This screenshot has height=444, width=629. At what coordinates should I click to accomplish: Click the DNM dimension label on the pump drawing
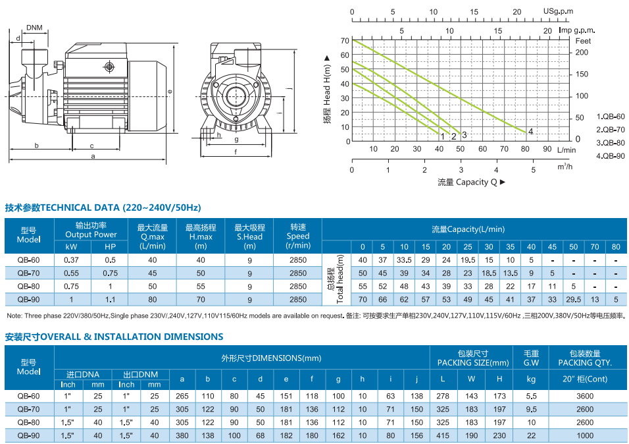point(35,28)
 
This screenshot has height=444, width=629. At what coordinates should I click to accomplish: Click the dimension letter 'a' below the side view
point(93,156)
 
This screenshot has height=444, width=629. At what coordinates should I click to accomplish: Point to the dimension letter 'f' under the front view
point(235,152)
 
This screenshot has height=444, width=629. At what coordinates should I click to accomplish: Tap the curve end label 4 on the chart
point(530,132)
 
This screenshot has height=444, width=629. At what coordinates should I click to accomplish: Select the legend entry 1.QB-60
point(610,116)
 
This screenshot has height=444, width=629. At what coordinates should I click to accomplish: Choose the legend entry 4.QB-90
point(610,155)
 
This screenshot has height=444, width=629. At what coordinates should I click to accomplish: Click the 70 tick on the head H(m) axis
point(345,41)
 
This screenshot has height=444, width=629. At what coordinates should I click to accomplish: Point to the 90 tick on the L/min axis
point(547,149)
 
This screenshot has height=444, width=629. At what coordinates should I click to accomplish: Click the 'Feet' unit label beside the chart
point(583,41)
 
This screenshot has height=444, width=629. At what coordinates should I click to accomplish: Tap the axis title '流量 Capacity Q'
point(471,182)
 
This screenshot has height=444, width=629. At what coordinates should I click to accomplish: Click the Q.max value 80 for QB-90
point(153,300)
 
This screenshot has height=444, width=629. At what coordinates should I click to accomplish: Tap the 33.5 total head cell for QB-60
point(404,260)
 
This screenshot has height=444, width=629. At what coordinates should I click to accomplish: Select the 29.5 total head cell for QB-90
point(573,300)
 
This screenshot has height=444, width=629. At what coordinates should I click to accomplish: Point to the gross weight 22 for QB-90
point(531,436)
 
